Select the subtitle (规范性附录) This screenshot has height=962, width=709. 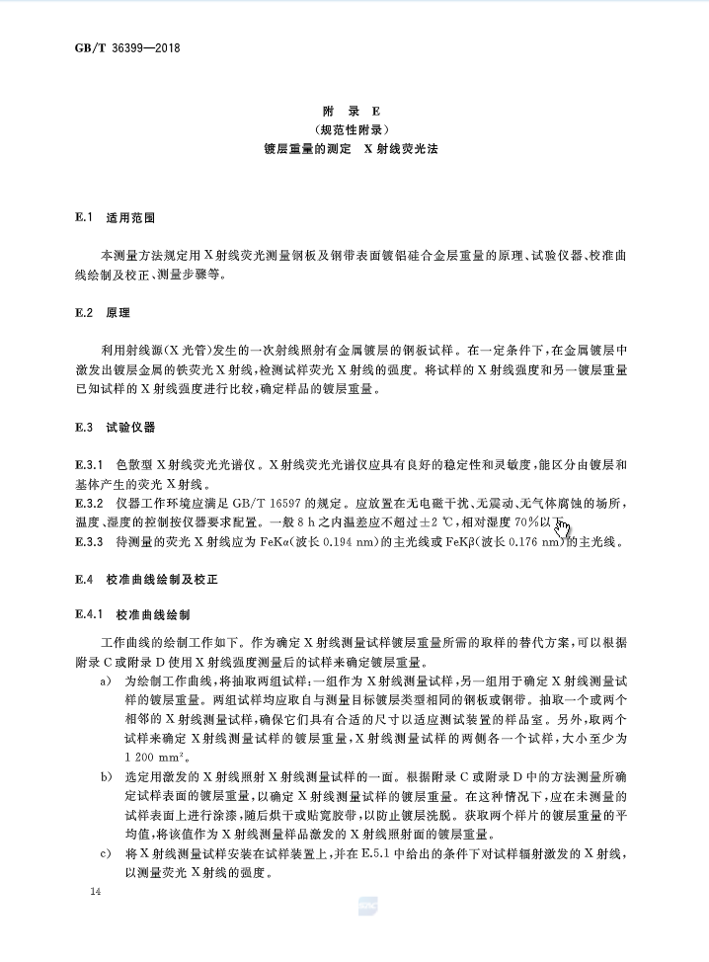pos(354,130)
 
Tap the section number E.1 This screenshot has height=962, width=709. pos(83,216)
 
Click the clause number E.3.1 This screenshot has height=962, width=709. pos(90,463)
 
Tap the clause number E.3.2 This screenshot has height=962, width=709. pos(90,504)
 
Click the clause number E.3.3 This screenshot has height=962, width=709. pos(90,542)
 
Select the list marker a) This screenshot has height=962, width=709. pos(105,681)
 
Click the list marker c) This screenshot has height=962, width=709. pos(105,851)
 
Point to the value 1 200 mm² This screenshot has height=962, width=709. pos(157,757)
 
